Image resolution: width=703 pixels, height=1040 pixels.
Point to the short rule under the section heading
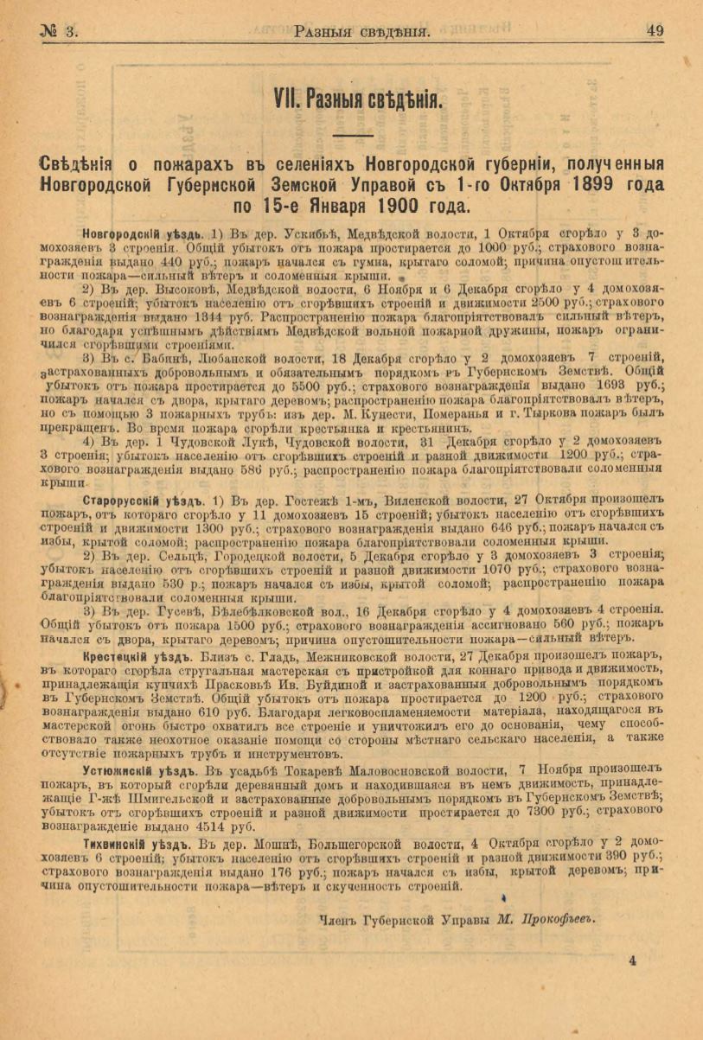(353, 135)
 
